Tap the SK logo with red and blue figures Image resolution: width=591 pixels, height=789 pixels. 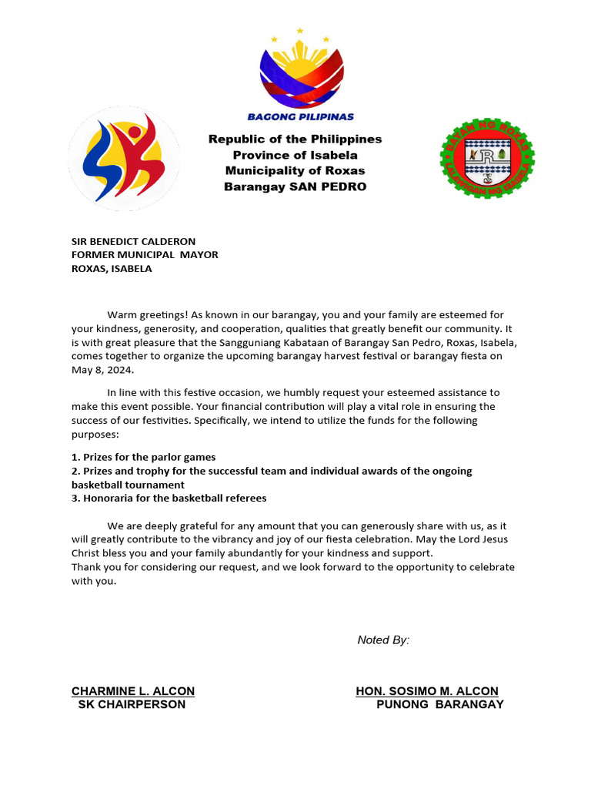click(123, 158)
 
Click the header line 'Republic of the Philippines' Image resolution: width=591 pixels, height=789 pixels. click(295, 139)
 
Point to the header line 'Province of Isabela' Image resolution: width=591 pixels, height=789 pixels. click(295, 155)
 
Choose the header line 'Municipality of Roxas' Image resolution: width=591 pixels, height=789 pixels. click(295, 170)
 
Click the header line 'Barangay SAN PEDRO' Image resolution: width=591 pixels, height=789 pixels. click(295, 186)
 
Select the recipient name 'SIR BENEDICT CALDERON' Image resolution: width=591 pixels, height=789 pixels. click(134, 241)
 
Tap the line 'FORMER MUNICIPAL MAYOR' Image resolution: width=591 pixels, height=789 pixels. click(145, 255)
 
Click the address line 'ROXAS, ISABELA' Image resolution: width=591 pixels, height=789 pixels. click(112, 269)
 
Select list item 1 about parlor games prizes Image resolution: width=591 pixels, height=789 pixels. click(144, 457)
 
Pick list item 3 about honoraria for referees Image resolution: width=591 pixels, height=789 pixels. click(169, 499)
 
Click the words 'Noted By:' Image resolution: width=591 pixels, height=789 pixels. click(383, 640)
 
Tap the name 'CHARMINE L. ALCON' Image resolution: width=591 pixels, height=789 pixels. click(133, 691)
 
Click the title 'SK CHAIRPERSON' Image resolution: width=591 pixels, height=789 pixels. click(132, 704)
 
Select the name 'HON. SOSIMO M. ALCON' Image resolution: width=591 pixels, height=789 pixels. click(427, 691)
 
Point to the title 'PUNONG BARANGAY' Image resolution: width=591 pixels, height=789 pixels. click(439, 704)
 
